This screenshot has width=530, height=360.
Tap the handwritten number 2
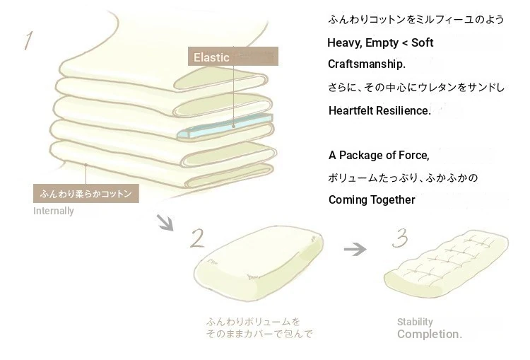click(x=196, y=238)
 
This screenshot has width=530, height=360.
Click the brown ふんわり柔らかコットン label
click(x=86, y=192)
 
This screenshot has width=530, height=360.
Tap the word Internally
click(x=53, y=211)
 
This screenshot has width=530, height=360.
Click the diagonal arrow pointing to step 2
click(x=165, y=223)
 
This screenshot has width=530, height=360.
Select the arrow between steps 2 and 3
click(x=355, y=249)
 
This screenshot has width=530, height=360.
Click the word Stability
click(x=415, y=322)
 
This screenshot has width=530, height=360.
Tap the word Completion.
click(x=429, y=334)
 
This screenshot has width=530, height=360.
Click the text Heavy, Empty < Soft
click(x=380, y=43)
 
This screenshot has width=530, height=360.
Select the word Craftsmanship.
click(x=367, y=64)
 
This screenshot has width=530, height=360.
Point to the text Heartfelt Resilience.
click(x=379, y=110)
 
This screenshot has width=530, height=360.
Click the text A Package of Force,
click(x=379, y=155)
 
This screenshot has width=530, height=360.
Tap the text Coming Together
click(x=372, y=199)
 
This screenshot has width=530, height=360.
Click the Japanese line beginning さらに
click(x=416, y=87)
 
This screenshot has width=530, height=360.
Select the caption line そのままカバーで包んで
click(x=259, y=333)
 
